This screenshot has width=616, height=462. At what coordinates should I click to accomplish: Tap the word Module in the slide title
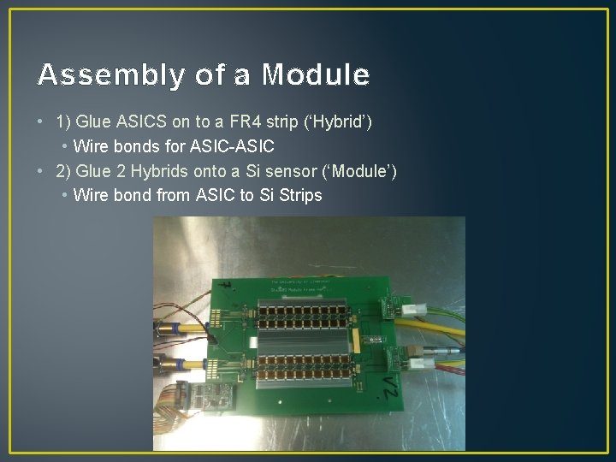pos(316,75)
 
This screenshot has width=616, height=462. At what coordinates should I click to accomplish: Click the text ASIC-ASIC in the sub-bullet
pos(236,146)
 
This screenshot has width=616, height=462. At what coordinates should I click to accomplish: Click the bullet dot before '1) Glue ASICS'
pos(42,122)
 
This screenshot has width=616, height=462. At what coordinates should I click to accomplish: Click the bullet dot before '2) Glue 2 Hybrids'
pos(42,171)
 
